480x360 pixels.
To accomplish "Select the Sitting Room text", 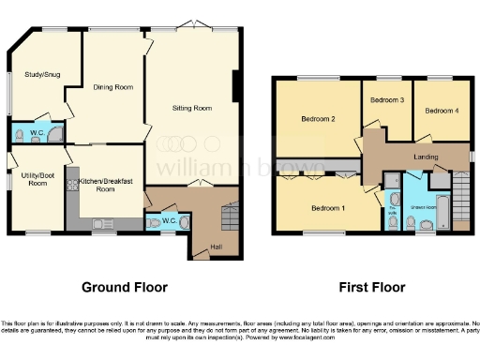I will [193, 108].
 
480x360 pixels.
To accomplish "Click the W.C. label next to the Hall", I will [169, 220].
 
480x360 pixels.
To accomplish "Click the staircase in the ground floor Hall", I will [225, 218].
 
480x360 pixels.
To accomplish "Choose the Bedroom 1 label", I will [327, 207].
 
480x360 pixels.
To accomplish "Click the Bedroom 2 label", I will [318, 119].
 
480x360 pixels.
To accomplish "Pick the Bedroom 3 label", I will [386, 99].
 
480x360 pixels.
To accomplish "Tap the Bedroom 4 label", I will [442, 111].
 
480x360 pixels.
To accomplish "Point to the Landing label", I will [427, 157].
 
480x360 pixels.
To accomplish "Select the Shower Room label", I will [425, 209].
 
